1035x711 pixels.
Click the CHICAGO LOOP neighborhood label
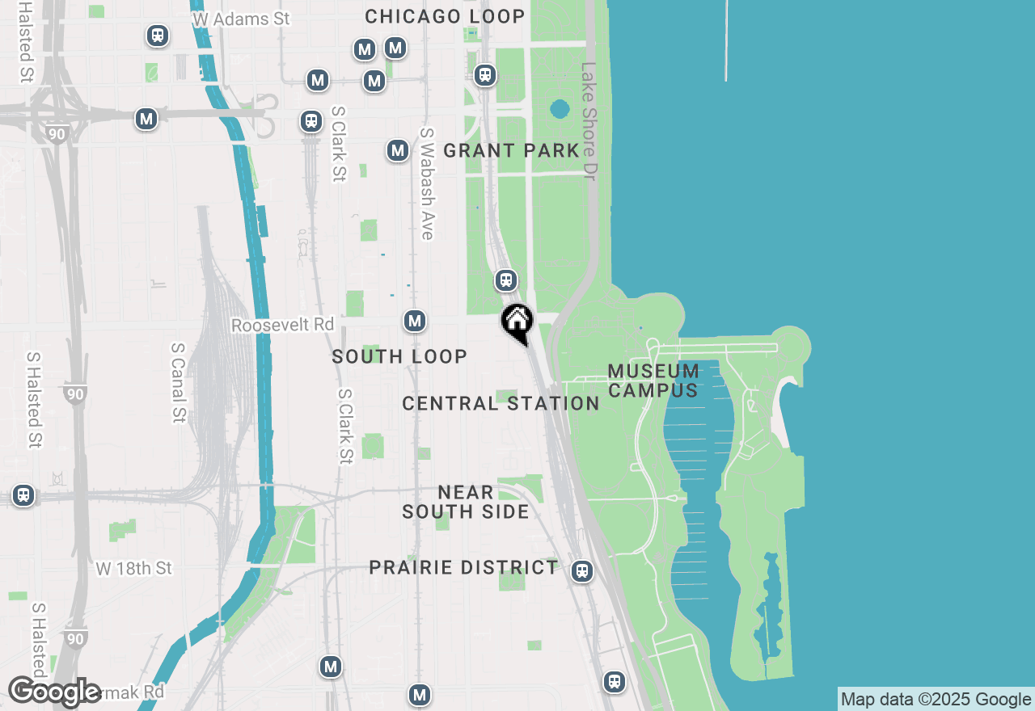445,16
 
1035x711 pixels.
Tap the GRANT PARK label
511,150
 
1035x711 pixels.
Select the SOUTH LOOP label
399,356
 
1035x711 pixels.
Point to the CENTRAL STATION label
501,403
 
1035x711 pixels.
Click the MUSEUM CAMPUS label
653,381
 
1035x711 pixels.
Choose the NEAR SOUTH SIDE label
466,502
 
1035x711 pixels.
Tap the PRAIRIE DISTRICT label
463,567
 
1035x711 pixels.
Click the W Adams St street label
242,18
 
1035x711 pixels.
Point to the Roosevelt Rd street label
282,325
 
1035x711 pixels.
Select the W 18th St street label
134,569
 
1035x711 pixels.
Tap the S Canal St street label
179,382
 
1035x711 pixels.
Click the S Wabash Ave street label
427,183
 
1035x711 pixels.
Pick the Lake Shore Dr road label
588,121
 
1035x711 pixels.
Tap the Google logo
55,692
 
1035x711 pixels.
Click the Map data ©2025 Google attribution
936,700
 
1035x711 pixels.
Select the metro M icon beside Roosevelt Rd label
415,321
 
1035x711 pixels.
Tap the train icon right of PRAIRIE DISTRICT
581,571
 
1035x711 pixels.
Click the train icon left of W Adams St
158,36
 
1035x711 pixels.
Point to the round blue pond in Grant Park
560,109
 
